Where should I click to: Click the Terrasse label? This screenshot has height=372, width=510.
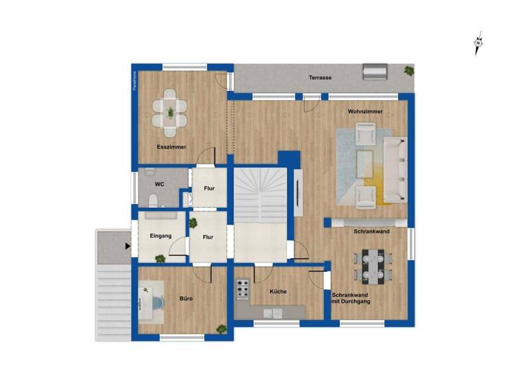[320, 78]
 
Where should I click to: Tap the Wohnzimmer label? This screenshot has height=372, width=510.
[365, 112]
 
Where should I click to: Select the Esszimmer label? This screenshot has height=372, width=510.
[171, 147]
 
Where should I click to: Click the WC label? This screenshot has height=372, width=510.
[159, 184]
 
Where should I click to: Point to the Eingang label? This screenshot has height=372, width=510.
[161, 236]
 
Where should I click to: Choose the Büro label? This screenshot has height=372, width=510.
[186, 299]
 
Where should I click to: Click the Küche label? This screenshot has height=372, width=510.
[278, 291]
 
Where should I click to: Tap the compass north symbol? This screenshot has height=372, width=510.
[478, 44]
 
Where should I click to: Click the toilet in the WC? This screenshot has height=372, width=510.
[153, 199]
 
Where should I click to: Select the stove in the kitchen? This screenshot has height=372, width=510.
[243, 288]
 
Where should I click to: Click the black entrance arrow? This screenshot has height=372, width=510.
[127, 246]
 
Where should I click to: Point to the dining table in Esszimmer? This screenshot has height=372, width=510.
[171, 112]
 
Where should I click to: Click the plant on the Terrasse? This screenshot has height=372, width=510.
[409, 69]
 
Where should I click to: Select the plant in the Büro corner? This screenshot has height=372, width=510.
[221, 327]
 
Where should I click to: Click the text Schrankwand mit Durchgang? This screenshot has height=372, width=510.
[351, 298]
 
